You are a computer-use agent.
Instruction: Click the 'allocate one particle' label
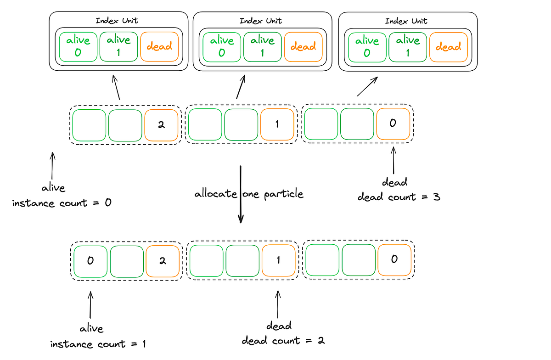[249, 194]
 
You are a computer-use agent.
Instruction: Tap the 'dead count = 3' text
[399, 197]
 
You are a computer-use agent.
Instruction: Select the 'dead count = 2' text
[283, 341]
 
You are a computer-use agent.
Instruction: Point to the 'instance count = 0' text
[62, 203]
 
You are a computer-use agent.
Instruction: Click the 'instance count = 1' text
[98, 344]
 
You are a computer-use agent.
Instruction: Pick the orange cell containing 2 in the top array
[161, 125]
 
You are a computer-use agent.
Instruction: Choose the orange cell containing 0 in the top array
[393, 124]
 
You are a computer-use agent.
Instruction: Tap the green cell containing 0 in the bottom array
[90, 261]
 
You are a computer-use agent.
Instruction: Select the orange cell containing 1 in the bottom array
[278, 260]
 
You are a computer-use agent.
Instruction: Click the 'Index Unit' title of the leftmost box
[117, 21]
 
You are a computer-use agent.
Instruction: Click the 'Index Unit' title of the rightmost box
[406, 21]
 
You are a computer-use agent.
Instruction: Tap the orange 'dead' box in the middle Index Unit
[303, 47]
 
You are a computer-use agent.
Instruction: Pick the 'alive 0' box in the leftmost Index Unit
[78, 46]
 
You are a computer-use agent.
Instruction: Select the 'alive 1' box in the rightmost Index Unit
[408, 47]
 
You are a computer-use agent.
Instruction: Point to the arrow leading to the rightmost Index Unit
[367, 86]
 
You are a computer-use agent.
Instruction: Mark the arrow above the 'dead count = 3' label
[394, 160]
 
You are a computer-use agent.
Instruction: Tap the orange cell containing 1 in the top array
[277, 124]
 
